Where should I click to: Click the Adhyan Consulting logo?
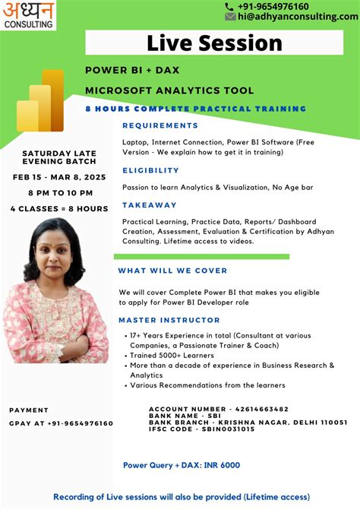pos(29,14)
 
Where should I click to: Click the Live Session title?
pos(214,43)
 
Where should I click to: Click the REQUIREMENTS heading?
pos(160,125)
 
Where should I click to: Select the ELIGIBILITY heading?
pos(150,171)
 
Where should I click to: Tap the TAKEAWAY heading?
pos(150,205)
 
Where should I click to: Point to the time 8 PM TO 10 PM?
pos(59,193)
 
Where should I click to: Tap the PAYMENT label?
pos(29,410)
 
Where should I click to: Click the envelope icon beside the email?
pos(230,17)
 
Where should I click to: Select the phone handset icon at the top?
pos(230,6)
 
